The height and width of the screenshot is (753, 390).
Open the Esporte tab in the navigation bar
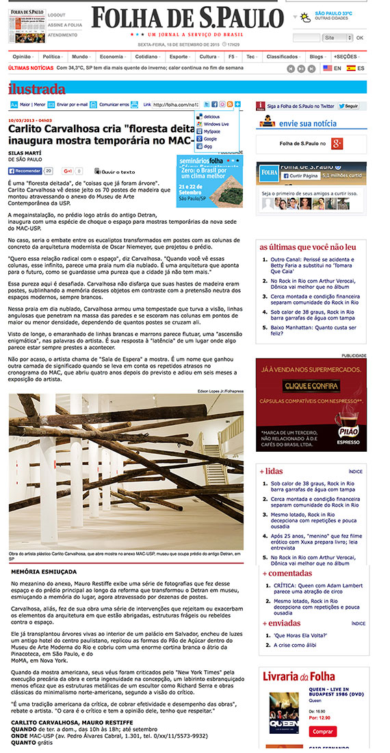[180, 57]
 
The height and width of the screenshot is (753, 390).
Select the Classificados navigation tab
[281, 57]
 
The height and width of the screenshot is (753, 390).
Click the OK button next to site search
[360, 38]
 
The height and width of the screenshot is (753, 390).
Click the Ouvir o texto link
[118, 171]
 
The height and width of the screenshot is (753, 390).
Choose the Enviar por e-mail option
[72, 105]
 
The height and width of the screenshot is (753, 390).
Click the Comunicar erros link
[114, 105]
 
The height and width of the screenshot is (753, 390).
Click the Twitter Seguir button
[350, 106]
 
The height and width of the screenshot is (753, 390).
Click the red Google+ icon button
[337, 143]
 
